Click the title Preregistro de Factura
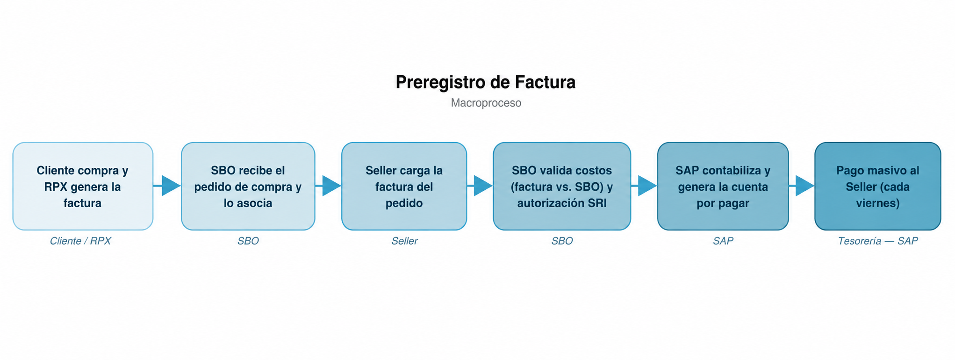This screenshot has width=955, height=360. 485,82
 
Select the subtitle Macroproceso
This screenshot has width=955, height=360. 486,103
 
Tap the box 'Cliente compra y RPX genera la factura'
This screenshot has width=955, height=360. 83,186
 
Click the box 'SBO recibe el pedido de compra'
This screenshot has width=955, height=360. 248,186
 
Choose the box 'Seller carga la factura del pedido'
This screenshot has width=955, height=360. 404,186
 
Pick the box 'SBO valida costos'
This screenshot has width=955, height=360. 562,186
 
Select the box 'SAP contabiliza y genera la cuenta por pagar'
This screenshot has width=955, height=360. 723,186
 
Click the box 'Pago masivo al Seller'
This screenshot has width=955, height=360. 877,186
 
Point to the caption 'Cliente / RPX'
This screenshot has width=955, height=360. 80,241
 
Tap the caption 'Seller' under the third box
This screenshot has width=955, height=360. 404,241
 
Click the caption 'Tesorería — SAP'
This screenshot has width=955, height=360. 877,241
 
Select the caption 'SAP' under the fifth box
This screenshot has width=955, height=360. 723,241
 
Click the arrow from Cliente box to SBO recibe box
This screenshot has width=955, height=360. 167,186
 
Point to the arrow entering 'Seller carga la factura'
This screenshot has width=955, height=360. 328,186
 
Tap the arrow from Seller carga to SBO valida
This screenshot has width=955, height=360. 480,186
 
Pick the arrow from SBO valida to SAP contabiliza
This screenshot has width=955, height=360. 644,186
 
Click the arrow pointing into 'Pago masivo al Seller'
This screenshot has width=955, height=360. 802,186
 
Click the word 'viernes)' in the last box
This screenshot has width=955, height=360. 877,203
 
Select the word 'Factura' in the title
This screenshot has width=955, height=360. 545,82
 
